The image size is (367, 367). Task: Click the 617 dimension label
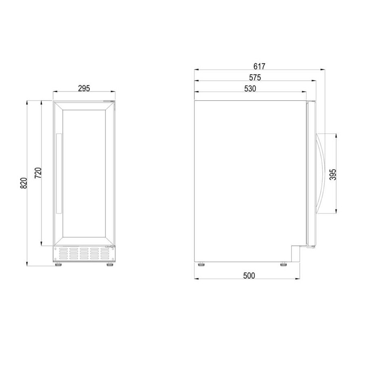point(259,66)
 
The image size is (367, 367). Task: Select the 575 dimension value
point(255,77)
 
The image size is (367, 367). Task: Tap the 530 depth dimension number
point(250,89)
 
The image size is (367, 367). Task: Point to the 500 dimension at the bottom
point(249,276)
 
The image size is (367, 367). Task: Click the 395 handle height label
point(333,174)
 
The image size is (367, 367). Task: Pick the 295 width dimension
point(84,89)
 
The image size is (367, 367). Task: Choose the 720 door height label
point(38,173)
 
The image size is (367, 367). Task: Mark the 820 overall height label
point(24,183)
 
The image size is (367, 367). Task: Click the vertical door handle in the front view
point(59,174)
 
